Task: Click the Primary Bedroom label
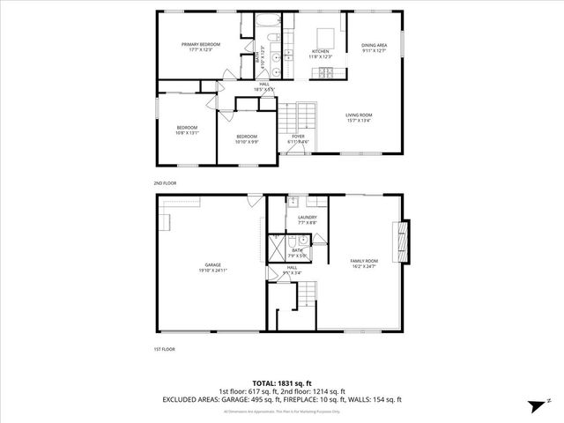(x=201, y=47)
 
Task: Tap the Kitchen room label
(x=320, y=53)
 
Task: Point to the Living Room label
(x=358, y=117)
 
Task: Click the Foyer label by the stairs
(x=299, y=138)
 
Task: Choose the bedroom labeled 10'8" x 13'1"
(x=188, y=129)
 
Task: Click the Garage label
(x=212, y=267)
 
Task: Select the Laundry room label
(x=307, y=219)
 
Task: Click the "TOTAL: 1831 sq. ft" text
(x=282, y=383)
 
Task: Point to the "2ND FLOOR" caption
(x=165, y=182)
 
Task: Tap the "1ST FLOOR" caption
(x=165, y=349)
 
